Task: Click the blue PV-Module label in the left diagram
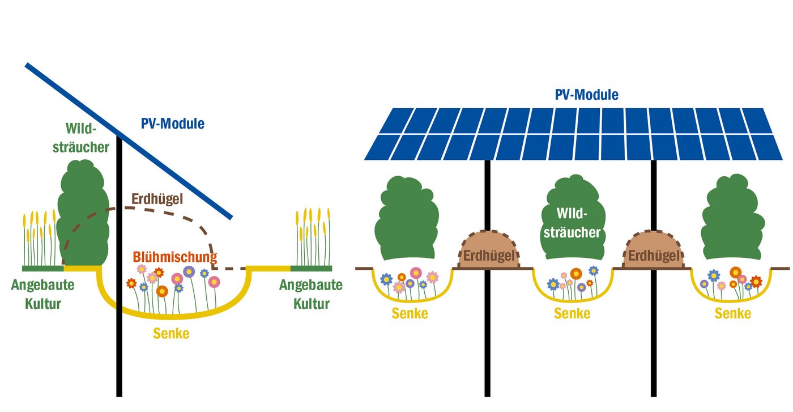(x=172, y=124)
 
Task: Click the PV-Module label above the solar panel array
(x=586, y=95)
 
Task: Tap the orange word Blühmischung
(x=175, y=257)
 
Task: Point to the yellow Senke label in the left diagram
(x=171, y=334)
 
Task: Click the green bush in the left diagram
(x=83, y=215)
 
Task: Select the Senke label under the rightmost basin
(x=733, y=313)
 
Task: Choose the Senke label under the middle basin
(x=572, y=313)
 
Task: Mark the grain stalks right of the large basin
(x=312, y=238)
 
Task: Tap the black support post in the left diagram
(x=119, y=351)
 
